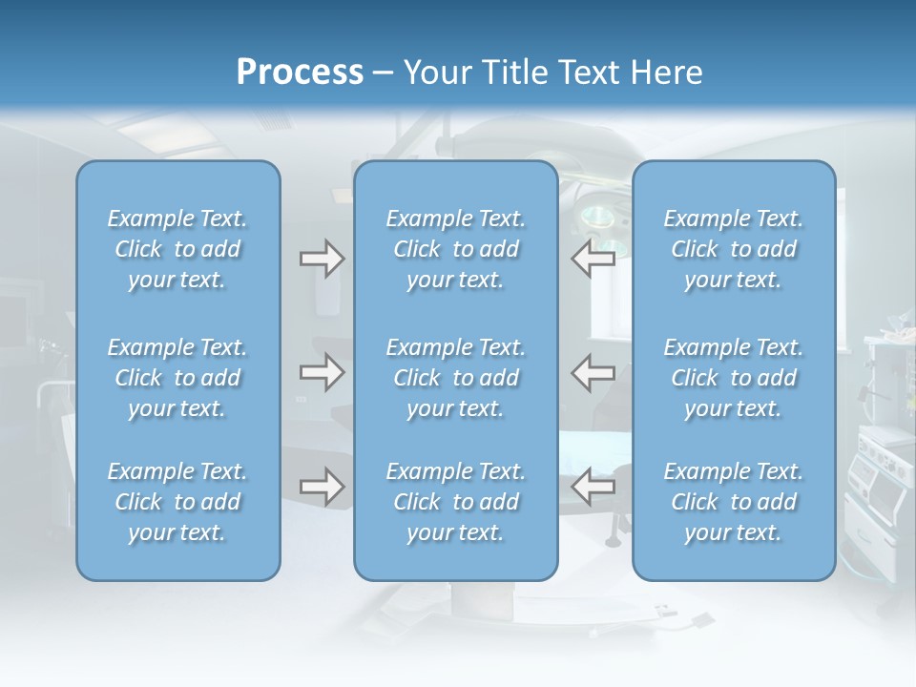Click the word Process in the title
click(x=300, y=73)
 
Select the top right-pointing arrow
click(x=322, y=259)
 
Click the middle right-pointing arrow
click(x=322, y=372)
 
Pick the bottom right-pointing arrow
click(x=322, y=487)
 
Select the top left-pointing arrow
click(x=593, y=259)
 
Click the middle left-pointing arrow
click(x=593, y=372)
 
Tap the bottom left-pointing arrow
click(x=593, y=487)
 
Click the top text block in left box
click(x=177, y=249)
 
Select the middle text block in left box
click(x=177, y=378)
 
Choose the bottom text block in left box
click(x=177, y=502)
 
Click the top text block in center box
click(x=455, y=249)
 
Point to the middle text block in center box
click(x=455, y=378)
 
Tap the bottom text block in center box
click(x=455, y=502)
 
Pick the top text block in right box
click(x=733, y=249)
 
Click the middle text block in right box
click(x=733, y=378)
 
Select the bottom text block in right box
click(x=733, y=502)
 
